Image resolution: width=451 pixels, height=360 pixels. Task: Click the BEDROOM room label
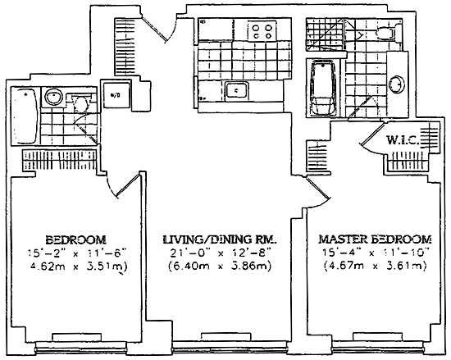76,239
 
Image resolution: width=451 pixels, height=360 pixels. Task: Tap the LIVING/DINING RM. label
220,239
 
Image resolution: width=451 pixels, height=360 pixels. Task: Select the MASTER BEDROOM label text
376,239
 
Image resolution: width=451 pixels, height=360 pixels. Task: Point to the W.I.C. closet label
402,140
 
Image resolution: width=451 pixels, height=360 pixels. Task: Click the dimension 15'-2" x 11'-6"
77,253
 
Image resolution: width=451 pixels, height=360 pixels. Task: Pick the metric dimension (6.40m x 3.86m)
220,267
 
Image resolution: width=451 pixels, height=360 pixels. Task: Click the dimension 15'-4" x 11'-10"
376,253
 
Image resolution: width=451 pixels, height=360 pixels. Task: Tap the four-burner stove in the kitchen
262,31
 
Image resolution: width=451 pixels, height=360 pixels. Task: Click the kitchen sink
236,90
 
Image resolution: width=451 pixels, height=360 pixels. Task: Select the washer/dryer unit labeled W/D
116,95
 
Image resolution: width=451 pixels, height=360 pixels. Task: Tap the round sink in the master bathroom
396,84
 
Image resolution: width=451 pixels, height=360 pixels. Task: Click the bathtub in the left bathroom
24,116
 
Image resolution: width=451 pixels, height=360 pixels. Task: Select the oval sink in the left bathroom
54,97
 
